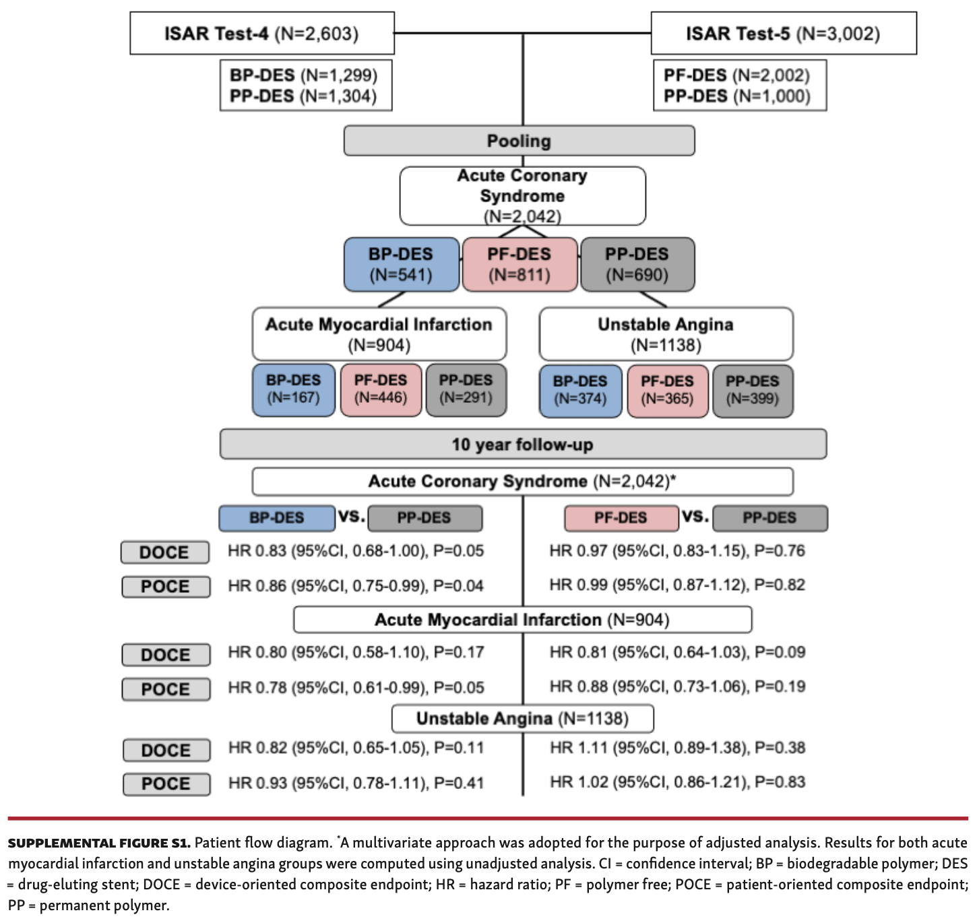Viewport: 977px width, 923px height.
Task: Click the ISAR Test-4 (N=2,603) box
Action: (x=261, y=33)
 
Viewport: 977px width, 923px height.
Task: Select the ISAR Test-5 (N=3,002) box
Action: (x=783, y=33)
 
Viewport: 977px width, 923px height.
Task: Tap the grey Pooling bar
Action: (x=519, y=141)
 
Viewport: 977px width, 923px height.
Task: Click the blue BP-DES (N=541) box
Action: (x=401, y=264)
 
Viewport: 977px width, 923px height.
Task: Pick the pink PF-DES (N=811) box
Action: (x=519, y=264)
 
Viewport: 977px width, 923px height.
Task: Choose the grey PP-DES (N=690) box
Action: (x=637, y=264)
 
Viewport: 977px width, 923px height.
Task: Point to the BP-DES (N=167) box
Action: (x=293, y=389)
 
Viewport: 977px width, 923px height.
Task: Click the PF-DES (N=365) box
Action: (x=667, y=390)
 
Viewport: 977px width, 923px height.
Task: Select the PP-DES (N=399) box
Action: (x=752, y=390)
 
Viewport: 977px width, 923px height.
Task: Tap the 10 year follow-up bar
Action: (x=522, y=445)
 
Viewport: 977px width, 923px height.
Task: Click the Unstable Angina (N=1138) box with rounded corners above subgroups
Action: (x=666, y=334)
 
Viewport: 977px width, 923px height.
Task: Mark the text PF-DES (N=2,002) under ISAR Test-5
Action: (x=736, y=75)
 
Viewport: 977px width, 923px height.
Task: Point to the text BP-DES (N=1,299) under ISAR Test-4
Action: (x=303, y=75)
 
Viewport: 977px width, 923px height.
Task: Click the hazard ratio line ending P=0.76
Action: (x=676, y=551)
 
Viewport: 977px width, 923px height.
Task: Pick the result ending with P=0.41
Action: (x=356, y=783)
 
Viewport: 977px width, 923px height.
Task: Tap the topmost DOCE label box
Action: (x=165, y=552)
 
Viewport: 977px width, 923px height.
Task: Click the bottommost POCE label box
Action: (x=166, y=784)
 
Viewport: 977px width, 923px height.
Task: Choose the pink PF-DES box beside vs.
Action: (x=621, y=518)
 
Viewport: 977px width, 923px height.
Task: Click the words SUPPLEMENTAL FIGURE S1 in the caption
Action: (x=99, y=844)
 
